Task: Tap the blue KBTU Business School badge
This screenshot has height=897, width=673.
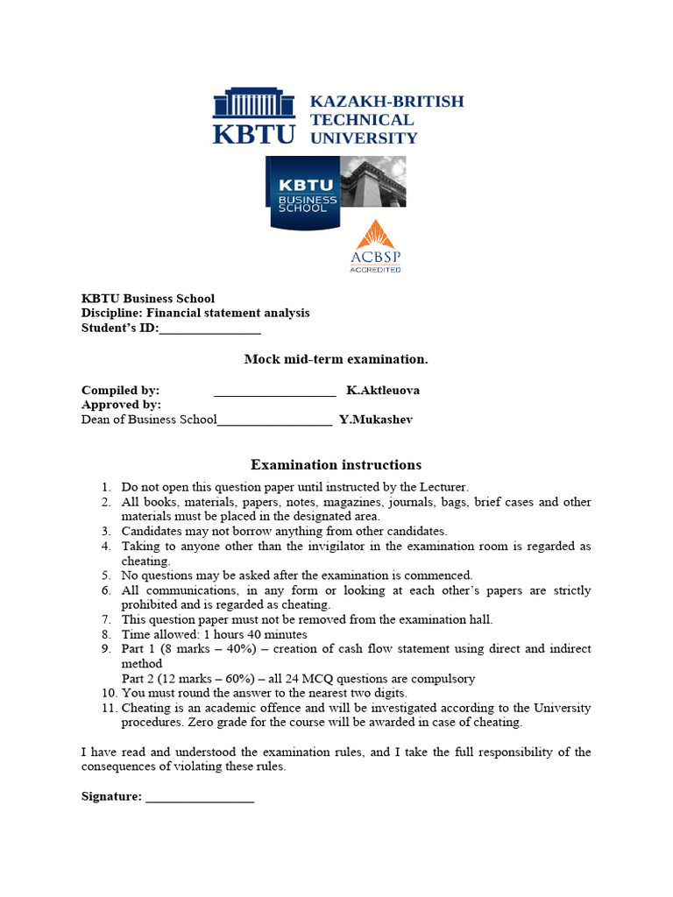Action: coord(304,193)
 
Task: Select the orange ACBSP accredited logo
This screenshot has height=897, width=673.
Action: coord(375,247)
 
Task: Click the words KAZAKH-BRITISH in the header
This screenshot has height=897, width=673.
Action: coord(386,102)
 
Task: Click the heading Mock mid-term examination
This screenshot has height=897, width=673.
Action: coord(336,359)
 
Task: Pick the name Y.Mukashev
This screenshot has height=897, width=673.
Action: coord(375,420)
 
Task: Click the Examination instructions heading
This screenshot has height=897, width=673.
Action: coord(336,465)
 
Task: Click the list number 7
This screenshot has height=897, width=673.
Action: coord(105,619)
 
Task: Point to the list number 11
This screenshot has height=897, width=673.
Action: coord(105,708)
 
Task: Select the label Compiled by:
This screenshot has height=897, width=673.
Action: coord(120,390)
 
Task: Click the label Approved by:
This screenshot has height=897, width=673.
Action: coord(121,405)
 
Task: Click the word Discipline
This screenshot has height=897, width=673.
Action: coord(111,314)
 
